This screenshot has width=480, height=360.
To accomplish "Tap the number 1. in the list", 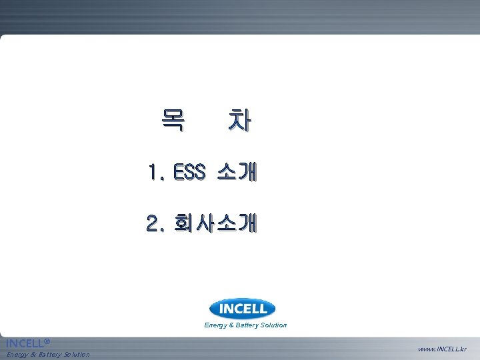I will pos(158,173).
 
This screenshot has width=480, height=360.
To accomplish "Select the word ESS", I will pos(191,173).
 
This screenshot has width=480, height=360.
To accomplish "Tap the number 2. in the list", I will pos(157,223).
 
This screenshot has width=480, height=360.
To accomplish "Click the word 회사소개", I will pos(213,223).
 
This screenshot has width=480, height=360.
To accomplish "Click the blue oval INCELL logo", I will pos(242,309).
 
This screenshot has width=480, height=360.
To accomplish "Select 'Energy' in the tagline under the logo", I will pos(216,325).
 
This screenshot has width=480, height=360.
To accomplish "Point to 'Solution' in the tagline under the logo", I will pos(274,325).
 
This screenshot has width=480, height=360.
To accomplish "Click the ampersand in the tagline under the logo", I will pos(232,325).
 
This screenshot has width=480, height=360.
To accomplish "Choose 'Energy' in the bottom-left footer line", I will pos(19,354).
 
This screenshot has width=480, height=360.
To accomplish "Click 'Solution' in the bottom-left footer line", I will pos(77,354).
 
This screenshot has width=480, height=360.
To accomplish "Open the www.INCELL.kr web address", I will pos(443,349).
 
